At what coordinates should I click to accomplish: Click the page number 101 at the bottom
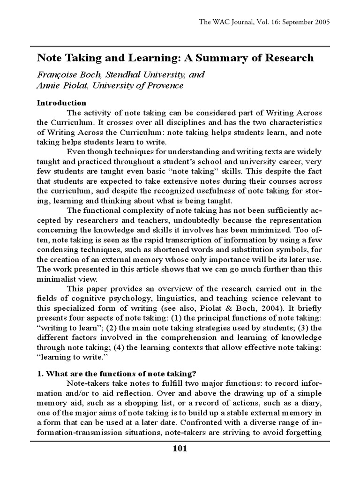click(180, 449)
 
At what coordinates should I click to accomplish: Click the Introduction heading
click(61, 103)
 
